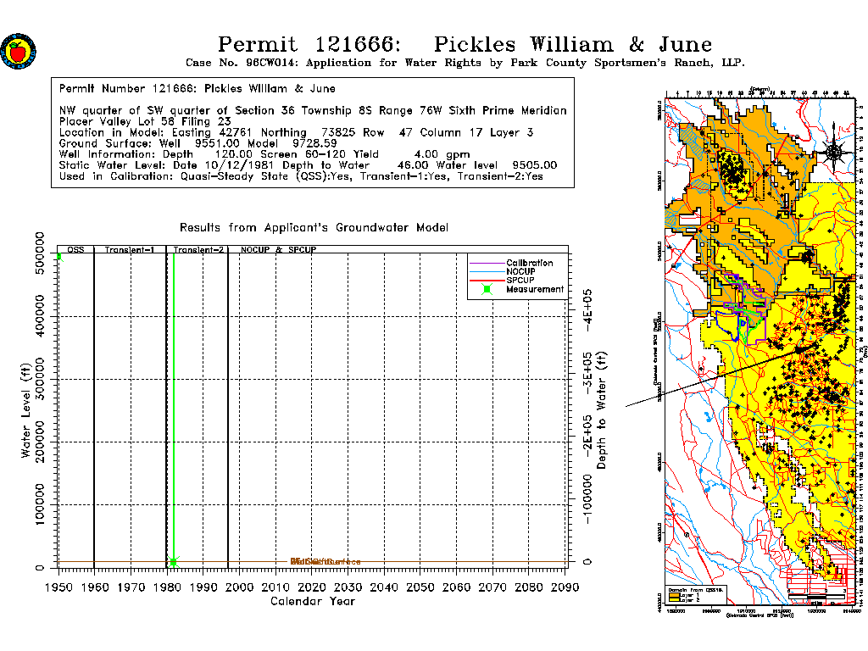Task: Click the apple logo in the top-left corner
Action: tap(18, 51)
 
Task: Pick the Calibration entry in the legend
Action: tap(529, 263)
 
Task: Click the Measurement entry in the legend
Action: tap(534, 289)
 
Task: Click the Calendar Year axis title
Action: tap(312, 601)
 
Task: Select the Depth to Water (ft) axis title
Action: tap(603, 410)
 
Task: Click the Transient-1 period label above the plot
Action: tap(129, 251)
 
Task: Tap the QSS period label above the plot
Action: tap(75, 251)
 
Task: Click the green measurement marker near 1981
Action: tap(174, 561)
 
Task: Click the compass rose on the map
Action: tap(833, 153)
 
